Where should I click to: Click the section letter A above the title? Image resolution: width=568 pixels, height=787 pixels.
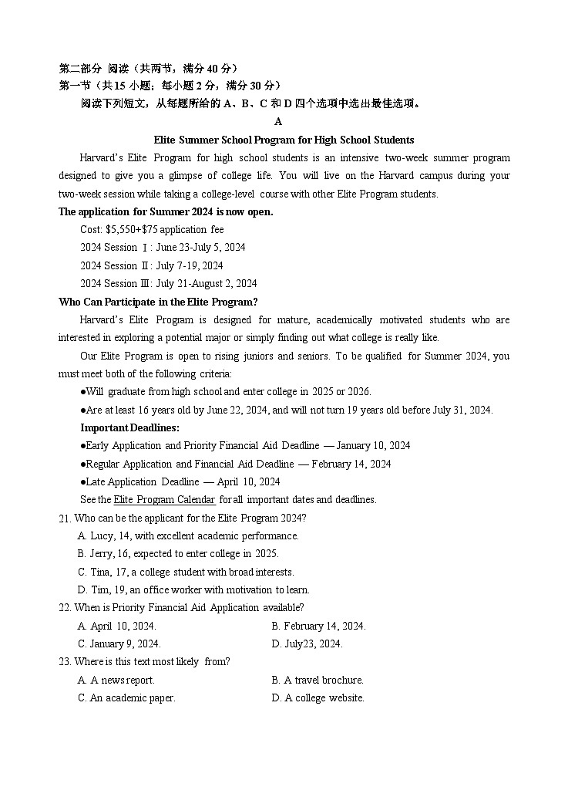(278, 122)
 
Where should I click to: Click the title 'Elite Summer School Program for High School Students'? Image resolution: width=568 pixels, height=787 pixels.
(284, 140)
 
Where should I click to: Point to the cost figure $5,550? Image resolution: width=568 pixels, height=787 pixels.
(123, 229)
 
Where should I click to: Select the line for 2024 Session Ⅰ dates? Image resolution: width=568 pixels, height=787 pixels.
(163, 247)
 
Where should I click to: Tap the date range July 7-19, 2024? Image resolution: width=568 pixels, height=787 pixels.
(190, 265)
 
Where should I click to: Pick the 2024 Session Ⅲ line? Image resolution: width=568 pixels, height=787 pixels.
(168, 283)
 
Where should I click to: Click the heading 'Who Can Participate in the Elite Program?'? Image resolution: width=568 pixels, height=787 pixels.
(158, 302)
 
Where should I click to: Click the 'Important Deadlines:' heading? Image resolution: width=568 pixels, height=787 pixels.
(129, 427)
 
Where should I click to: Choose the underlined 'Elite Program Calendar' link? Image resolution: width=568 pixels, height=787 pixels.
(164, 499)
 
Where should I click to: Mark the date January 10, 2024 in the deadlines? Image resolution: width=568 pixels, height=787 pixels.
(373, 445)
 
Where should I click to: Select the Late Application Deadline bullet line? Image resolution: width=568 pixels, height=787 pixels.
(180, 481)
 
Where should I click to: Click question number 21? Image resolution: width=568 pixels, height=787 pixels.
(65, 518)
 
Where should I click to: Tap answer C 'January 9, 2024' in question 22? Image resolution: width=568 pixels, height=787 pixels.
(119, 643)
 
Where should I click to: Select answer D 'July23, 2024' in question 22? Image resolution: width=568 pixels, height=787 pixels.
(307, 643)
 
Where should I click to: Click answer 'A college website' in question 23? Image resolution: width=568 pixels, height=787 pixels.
(318, 697)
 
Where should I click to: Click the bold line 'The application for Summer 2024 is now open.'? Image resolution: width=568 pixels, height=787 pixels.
(166, 211)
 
